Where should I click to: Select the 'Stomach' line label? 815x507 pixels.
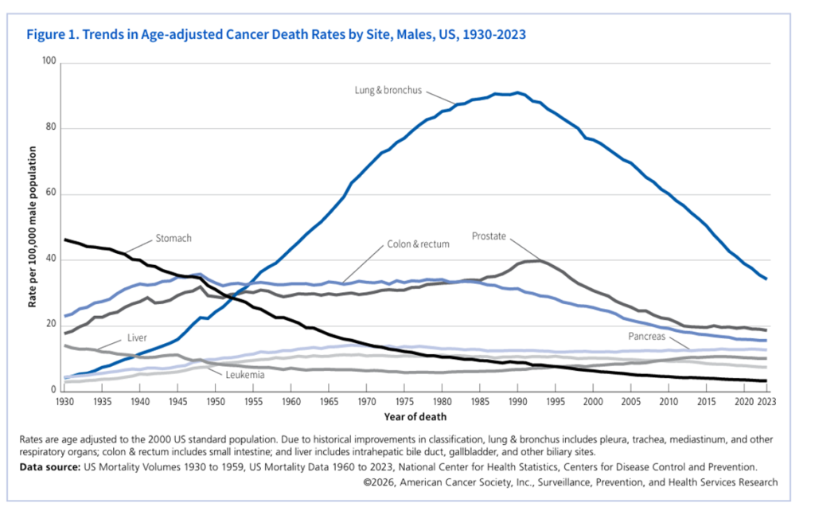173,238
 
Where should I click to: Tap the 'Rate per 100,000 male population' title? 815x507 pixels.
33,227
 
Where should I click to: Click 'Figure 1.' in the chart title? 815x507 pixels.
52,35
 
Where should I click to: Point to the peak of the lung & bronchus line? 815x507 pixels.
517,92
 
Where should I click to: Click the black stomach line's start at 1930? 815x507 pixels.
65,239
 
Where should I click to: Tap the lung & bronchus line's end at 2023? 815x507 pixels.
766,279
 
